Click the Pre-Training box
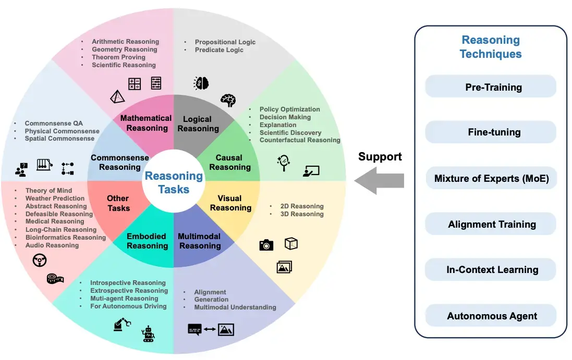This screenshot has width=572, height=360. point(491,87)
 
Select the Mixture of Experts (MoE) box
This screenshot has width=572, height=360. point(491,179)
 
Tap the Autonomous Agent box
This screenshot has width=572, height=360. point(491,316)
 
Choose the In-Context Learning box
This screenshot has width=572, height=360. point(491,270)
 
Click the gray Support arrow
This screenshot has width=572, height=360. point(379,180)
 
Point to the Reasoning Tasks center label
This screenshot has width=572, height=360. point(174,182)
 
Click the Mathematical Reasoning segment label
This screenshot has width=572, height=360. point(146,123)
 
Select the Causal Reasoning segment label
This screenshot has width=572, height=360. point(229,163)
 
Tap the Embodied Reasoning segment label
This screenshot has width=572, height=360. point(147,241)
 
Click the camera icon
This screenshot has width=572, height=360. point(266,245)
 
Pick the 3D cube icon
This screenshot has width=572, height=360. point(291,243)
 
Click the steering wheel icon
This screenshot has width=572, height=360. point(40,260)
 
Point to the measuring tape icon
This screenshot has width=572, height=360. point(55,279)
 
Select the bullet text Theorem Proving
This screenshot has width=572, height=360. point(118,57)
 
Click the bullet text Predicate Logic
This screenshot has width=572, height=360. point(219,50)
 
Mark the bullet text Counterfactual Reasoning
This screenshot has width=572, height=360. point(300,140)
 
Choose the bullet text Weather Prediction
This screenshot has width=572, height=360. point(55,198)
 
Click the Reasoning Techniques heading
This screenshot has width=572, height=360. point(490,47)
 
